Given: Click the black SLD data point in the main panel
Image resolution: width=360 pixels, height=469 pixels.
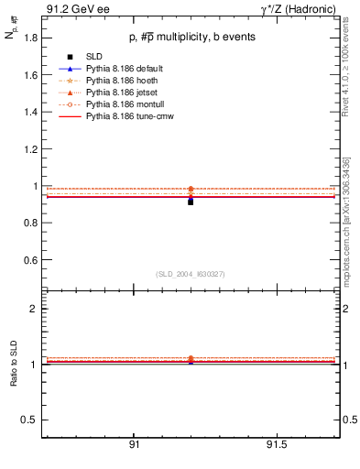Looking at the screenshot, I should pyautogui.click(x=191, y=201).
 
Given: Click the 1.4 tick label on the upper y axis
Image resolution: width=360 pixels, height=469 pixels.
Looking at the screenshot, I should pyautogui.click(x=27, y=113).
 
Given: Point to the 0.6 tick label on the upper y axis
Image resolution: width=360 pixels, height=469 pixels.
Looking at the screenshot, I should pyautogui.click(x=27, y=261).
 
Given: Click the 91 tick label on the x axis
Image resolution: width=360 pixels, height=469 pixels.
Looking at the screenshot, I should pyautogui.click(x=134, y=445).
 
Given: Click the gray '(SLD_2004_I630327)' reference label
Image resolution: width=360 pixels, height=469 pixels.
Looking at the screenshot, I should pyautogui.click(x=190, y=274).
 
